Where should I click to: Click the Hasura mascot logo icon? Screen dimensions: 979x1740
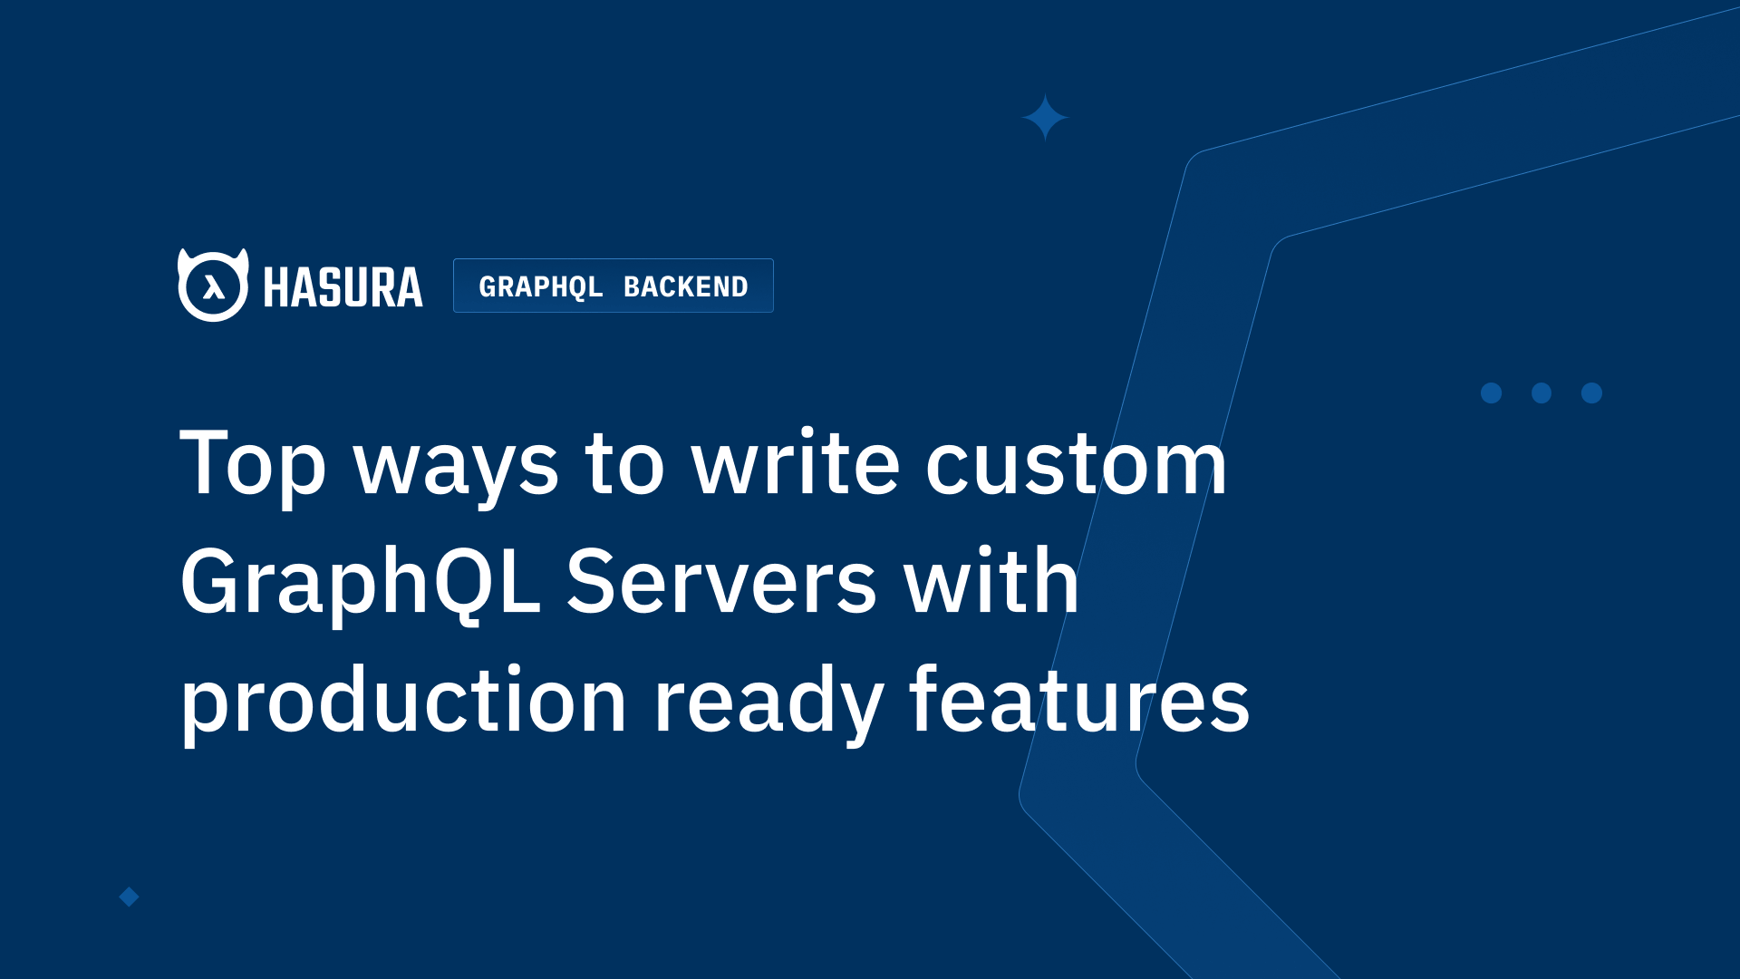click(x=213, y=286)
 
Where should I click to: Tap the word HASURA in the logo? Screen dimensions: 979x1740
click(x=343, y=287)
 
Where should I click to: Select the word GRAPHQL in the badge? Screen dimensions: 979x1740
click(x=541, y=286)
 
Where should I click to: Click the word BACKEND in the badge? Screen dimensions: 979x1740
click(x=686, y=286)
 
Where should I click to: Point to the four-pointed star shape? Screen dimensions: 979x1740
click(x=1045, y=118)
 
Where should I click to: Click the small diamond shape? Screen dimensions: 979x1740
click(x=130, y=897)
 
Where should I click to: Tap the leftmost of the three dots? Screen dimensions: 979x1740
click(x=1491, y=393)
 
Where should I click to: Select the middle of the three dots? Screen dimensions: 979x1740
click(x=1542, y=393)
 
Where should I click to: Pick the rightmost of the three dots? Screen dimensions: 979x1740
click(x=1591, y=393)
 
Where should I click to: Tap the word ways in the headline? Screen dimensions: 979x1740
click(x=456, y=467)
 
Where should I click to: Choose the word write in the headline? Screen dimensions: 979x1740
click(x=796, y=463)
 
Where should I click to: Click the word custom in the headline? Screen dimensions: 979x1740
click(x=1076, y=464)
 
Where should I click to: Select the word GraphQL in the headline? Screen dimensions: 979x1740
click(x=360, y=583)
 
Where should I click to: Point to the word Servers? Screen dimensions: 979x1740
click(x=721, y=583)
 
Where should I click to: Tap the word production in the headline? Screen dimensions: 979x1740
click(x=403, y=701)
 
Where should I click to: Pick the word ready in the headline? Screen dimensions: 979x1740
click(x=768, y=703)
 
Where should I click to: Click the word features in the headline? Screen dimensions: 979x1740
click(x=1078, y=699)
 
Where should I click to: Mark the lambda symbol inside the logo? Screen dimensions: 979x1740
click(x=214, y=287)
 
